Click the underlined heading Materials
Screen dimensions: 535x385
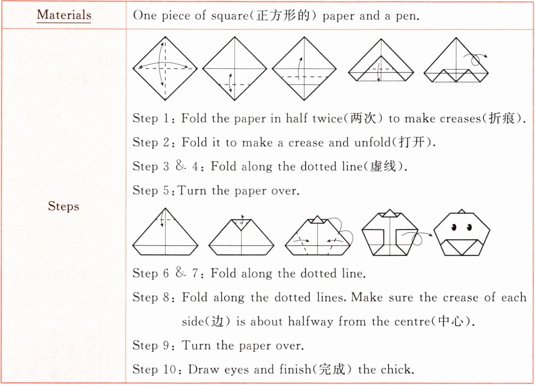click(x=64, y=15)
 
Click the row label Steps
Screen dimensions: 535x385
click(x=63, y=206)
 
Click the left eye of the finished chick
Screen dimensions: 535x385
click(x=454, y=227)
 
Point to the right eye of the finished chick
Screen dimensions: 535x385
click(x=469, y=227)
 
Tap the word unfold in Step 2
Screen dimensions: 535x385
click(x=373, y=143)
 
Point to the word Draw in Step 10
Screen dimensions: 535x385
click(x=203, y=369)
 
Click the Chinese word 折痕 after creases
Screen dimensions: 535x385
click(x=502, y=118)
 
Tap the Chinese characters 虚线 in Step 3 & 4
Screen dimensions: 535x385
click(x=383, y=166)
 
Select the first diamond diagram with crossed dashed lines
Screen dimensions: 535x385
click(x=165, y=68)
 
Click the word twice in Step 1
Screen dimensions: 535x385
click(x=328, y=118)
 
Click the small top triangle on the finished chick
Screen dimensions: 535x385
click(x=462, y=211)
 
